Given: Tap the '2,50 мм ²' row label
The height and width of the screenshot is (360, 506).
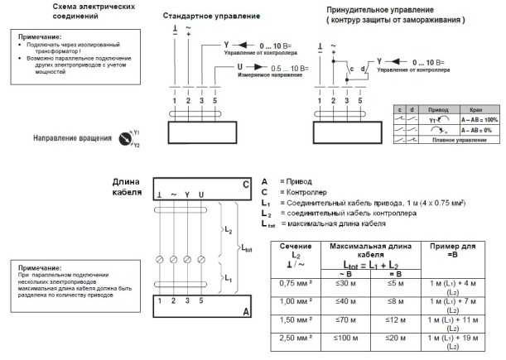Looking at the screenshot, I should [296, 338].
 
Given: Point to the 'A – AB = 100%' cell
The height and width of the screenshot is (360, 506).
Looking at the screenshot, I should [473, 119].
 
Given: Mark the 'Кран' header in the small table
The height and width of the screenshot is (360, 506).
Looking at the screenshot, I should [473, 108].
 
